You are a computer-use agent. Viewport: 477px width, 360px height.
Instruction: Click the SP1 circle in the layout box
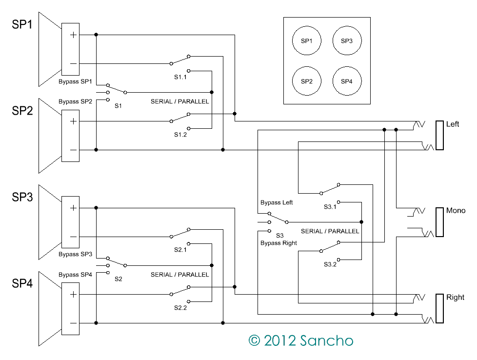[x=306, y=41]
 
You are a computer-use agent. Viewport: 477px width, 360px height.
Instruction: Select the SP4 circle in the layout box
[x=346, y=81]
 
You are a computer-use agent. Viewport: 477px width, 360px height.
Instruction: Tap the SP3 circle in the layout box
[x=346, y=41]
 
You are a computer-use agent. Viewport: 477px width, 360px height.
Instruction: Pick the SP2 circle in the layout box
[x=306, y=81]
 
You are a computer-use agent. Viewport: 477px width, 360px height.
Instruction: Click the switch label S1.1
[x=180, y=77]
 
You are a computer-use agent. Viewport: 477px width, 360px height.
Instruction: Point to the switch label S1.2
[x=180, y=135]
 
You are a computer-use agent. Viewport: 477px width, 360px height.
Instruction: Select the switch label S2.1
[x=180, y=250]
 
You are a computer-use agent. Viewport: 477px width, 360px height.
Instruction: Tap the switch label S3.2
[x=330, y=264]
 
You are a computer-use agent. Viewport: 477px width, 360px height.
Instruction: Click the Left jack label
[x=453, y=124]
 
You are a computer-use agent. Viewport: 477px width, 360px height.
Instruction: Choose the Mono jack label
[x=456, y=211]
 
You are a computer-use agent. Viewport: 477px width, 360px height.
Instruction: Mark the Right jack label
[x=455, y=298]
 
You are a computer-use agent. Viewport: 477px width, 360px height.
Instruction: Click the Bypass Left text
[x=277, y=202]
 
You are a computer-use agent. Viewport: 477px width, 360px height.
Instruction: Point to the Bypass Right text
[x=278, y=243]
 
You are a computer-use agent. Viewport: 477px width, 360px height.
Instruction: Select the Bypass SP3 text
[x=75, y=254]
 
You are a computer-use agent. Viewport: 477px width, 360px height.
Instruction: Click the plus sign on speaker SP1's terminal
[x=73, y=35]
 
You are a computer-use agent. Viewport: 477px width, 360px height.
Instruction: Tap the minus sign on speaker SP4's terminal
[x=73, y=323]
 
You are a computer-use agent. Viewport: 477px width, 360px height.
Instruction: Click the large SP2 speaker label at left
[x=22, y=111]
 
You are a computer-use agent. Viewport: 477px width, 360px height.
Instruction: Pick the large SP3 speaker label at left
[x=22, y=198]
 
